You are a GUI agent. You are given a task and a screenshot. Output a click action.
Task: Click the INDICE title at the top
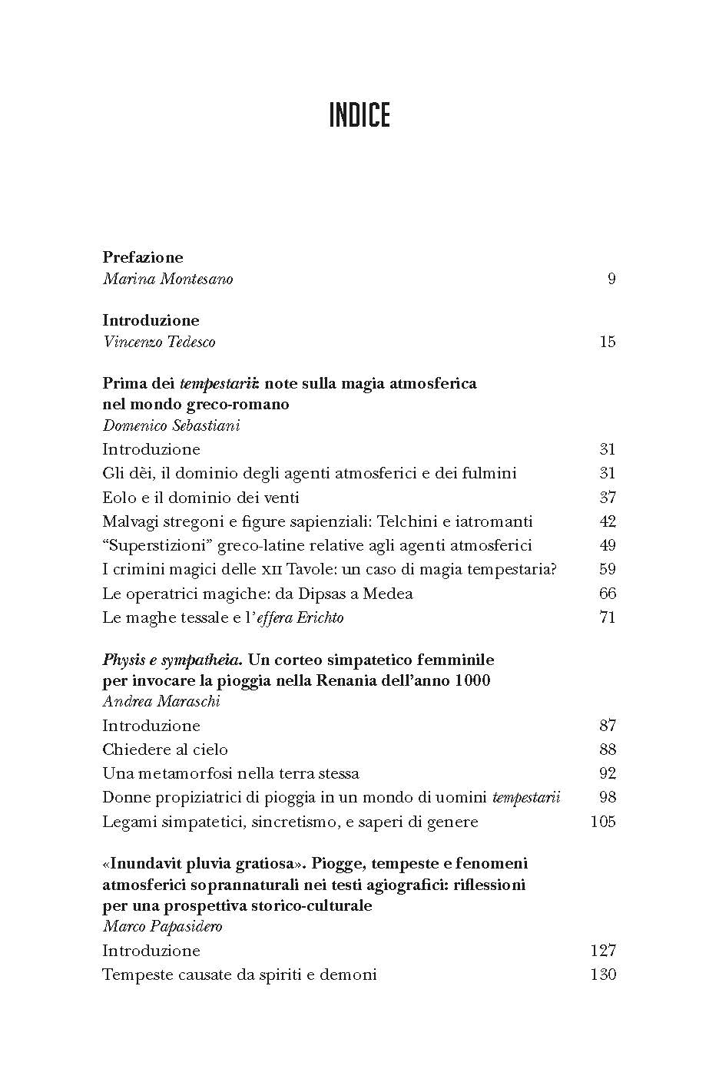point(359,115)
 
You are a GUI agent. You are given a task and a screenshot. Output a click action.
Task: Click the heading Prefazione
point(143,257)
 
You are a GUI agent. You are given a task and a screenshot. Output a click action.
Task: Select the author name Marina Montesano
point(167,279)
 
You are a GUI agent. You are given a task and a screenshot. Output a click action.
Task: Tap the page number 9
point(611,279)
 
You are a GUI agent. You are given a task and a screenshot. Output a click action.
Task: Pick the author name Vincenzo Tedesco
point(159,342)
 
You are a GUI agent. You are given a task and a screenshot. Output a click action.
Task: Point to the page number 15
point(608,342)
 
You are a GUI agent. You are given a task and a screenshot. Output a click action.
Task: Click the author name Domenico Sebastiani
point(171,425)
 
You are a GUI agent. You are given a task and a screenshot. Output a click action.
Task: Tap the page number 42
point(608,521)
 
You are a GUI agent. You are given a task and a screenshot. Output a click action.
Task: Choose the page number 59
point(608,569)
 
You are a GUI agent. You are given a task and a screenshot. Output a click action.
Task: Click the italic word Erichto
point(319,617)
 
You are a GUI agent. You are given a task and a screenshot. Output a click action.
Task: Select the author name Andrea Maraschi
point(161,701)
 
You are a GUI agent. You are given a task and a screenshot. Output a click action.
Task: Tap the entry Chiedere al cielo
point(165,749)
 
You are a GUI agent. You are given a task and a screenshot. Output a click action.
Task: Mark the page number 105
point(603,821)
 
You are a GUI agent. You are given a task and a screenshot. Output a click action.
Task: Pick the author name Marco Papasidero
point(162,926)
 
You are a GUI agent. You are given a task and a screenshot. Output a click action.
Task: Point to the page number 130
point(603,974)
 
